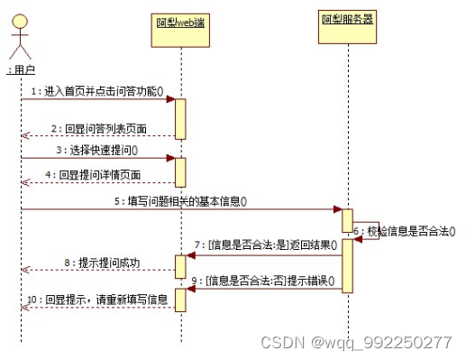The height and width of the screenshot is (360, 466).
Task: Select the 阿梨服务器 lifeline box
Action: click(x=346, y=19)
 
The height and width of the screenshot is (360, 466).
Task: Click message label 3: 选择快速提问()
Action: click(x=102, y=150)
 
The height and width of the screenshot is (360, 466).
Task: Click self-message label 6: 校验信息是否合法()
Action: click(x=407, y=231)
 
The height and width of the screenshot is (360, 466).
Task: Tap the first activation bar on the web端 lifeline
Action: click(x=180, y=118)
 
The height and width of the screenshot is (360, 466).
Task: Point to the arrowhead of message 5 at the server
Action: click(x=336, y=209)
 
